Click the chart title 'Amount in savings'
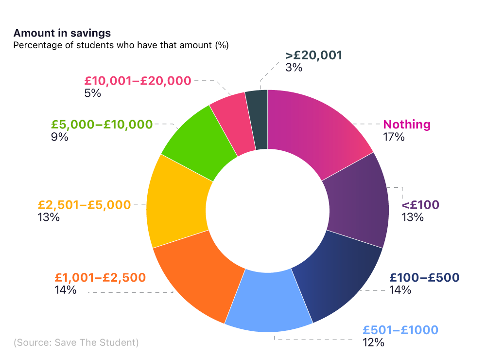[x=62, y=33]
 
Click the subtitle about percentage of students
[x=121, y=45]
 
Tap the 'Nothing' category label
[x=407, y=125]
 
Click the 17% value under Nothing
[x=394, y=137]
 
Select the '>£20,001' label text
[x=314, y=55]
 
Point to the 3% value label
[x=294, y=68]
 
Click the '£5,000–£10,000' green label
[x=102, y=125]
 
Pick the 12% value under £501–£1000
[x=373, y=342]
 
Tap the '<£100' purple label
[x=420, y=205]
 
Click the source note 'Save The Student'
[x=76, y=342]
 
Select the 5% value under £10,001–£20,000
[x=92, y=93]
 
